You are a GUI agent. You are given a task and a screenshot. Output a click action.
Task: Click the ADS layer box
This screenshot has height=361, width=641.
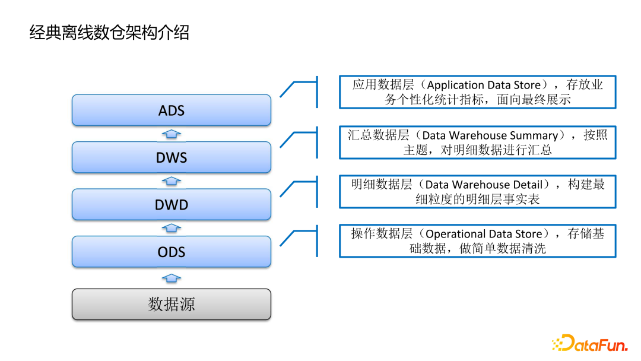[171, 110]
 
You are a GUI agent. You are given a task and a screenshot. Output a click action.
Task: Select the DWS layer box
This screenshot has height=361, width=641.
[171, 157]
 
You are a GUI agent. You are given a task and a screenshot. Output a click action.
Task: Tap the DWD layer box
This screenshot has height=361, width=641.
[171, 205]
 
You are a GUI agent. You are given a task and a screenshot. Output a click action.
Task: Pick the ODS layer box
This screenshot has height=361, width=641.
[171, 252]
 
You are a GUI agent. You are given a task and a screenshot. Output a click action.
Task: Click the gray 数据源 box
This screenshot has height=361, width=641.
[171, 305]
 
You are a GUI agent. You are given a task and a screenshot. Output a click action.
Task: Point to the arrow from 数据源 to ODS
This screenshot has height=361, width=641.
[171, 278]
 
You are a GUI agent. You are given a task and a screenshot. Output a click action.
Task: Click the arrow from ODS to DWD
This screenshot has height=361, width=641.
[171, 228]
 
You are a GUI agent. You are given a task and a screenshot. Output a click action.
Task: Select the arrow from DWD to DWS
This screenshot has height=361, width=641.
[171, 181]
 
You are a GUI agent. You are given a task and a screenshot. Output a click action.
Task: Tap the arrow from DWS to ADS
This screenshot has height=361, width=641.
[171, 134]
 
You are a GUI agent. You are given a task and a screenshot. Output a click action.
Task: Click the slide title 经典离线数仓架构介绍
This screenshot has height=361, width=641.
[109, 32]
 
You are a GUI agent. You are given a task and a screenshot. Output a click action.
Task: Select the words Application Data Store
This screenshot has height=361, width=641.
[484, 85]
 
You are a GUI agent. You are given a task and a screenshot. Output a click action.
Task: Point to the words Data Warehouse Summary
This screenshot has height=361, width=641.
[490, 135]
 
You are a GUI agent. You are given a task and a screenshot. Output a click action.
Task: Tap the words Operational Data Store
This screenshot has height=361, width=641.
[484, 234]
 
